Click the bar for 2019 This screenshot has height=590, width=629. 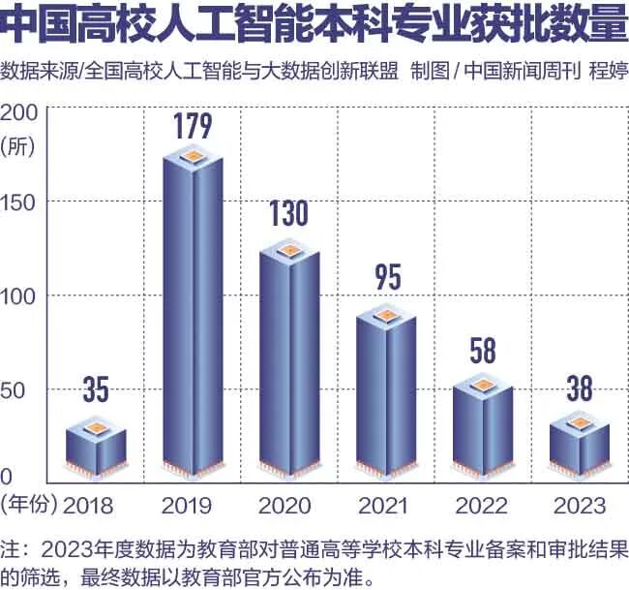click(x=193, y=320)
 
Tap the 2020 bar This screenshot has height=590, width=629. click(x=289, y=363)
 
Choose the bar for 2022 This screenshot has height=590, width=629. click(x=483, y=426)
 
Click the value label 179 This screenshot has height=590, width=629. click(x=193, y=127)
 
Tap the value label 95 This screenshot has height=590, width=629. click(x=387, y=277)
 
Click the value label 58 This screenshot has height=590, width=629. click(x=483, y=350)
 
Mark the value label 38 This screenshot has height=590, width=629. click(x=580, y=389)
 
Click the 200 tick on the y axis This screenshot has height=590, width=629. click(x=19, y=111)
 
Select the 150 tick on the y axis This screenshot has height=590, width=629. click(x=19, y=202)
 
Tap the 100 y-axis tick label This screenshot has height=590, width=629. click(x=19, y=295)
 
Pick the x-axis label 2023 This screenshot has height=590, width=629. click(x=580, y=505)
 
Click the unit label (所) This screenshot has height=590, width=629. click(x=19, y=145)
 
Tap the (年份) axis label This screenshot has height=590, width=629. click(x=29, y=505)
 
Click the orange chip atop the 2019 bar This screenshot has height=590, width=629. click(x=193, y=156)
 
